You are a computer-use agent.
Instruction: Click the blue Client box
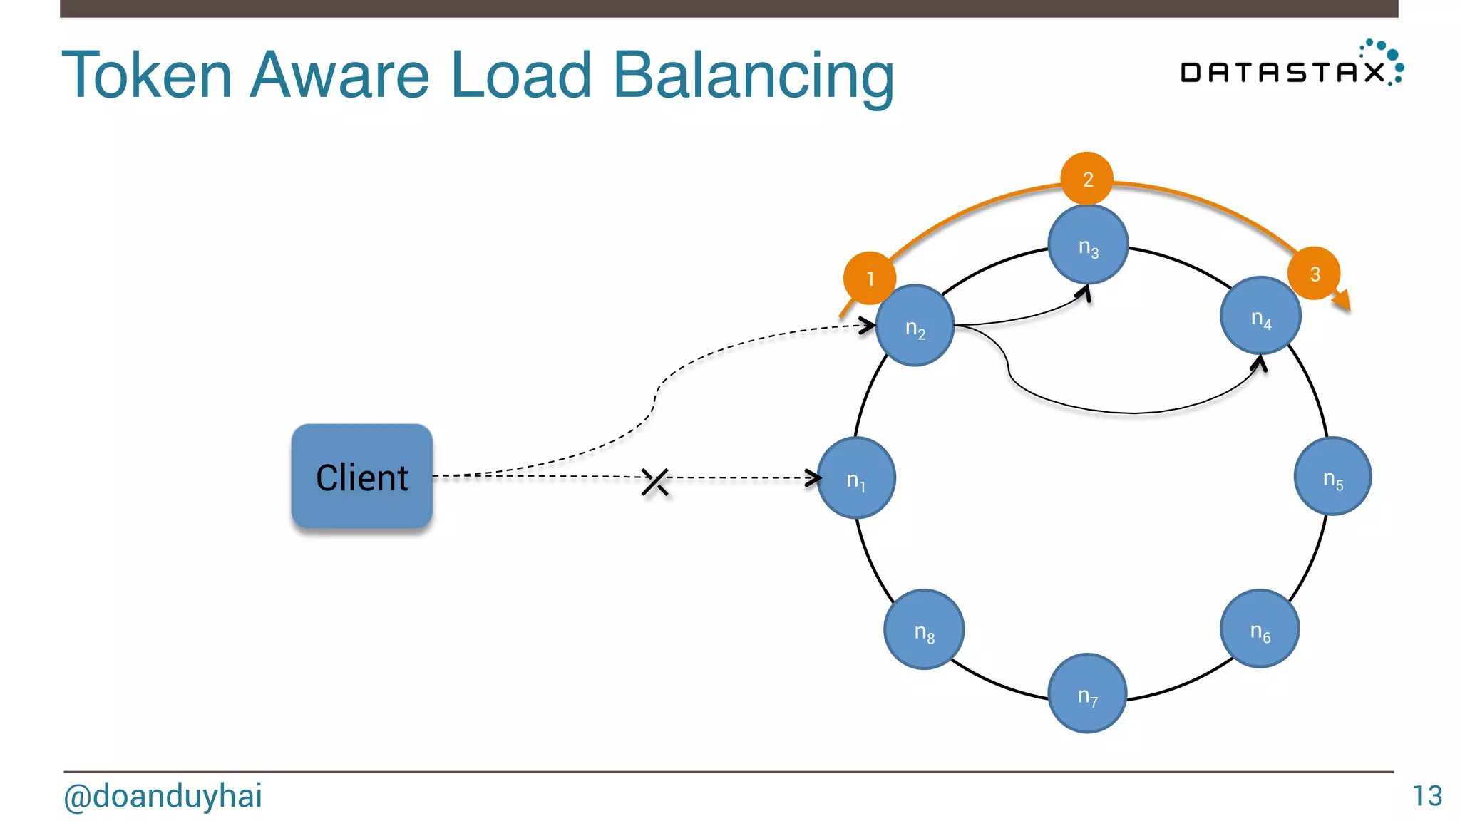coord(361,476)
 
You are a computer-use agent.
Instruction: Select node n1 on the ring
coord(856,477)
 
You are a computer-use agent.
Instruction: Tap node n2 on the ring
coord(915,326)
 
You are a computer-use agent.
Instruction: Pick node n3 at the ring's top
coord(1088,244)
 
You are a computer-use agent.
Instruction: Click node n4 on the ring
coord(1260,316)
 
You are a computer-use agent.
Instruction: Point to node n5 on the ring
coord(1332,476)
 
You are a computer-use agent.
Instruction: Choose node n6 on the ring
coord(1260,629)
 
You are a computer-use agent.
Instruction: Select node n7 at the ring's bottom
coord(1087,693)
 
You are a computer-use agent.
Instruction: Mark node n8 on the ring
coord(924,629)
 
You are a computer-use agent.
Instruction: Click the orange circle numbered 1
coord(869,278)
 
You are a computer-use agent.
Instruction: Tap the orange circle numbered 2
coord(1087,178)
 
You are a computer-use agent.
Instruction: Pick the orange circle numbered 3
coord(1314,273)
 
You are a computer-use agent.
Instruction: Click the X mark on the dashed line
coord(654,482)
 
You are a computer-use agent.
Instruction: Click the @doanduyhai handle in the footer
coord(163,796)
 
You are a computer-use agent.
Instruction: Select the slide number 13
coord(1427,796)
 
